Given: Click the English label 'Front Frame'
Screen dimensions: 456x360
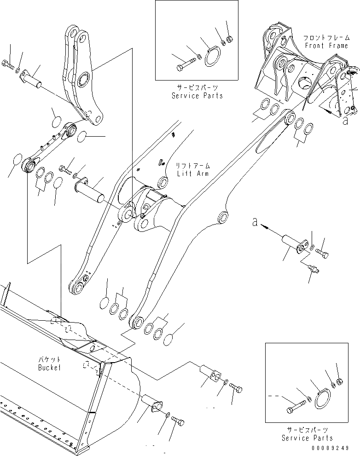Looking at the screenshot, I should coord(327,46).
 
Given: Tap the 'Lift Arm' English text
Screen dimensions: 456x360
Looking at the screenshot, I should coord(192,173).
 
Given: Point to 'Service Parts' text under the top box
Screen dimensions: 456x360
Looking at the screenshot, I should coord(197,96).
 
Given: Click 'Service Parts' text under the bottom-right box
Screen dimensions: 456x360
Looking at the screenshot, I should coord(307,438).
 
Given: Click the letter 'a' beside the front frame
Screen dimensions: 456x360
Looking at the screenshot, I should coord(345,121).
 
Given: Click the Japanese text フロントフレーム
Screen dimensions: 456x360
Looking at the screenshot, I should coord(327,38).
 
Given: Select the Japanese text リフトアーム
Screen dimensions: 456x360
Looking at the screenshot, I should coord(192,166).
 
